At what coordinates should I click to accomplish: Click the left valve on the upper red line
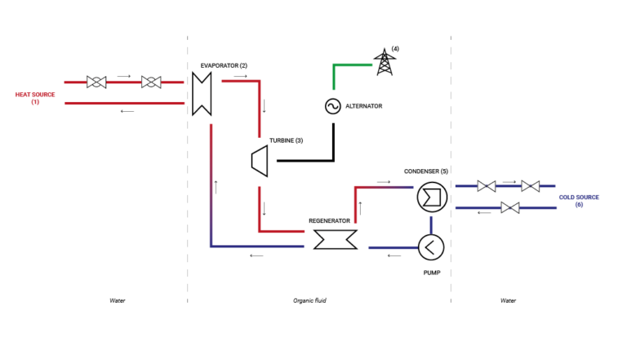pos(96,82)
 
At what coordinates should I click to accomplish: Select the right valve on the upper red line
pos(151,82)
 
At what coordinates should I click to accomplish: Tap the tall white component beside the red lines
pos(202,94)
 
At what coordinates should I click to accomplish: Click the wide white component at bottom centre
pos(336,239)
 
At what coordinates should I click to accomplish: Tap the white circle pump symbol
pos(431,247)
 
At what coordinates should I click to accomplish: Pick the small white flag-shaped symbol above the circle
pos(432,198)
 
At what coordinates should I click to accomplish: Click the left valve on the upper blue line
pos(487,186)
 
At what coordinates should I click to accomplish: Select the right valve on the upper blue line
pos(531,186)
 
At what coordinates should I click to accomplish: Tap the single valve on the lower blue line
pos(510,207)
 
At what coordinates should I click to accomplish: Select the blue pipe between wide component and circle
pos(392,247)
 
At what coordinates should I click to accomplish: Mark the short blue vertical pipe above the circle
pos(430,224)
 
